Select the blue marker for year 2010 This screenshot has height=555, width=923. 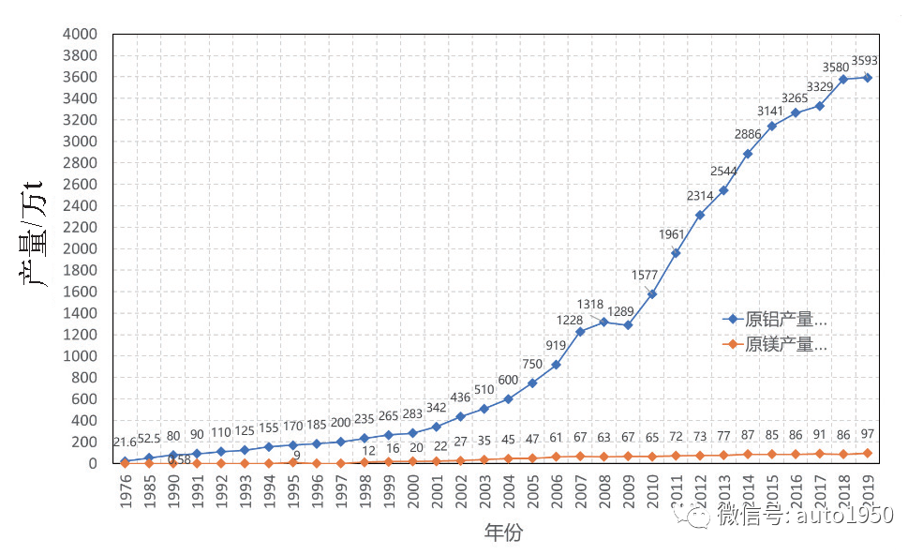[x=651, y=294]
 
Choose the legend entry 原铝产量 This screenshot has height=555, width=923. [x=785, y=320]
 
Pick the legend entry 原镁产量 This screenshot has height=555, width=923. [x=785, y=344]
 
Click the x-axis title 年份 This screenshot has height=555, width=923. [x=502, y=533]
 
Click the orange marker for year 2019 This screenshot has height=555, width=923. [x=867, y=453]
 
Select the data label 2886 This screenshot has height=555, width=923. [x=747, y=134]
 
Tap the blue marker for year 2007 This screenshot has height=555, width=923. [x=580, y=332]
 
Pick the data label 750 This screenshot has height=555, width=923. [x=532, y=364]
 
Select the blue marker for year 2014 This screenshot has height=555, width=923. [x=747, y=154]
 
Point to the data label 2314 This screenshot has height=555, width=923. [x=699, y=195]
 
